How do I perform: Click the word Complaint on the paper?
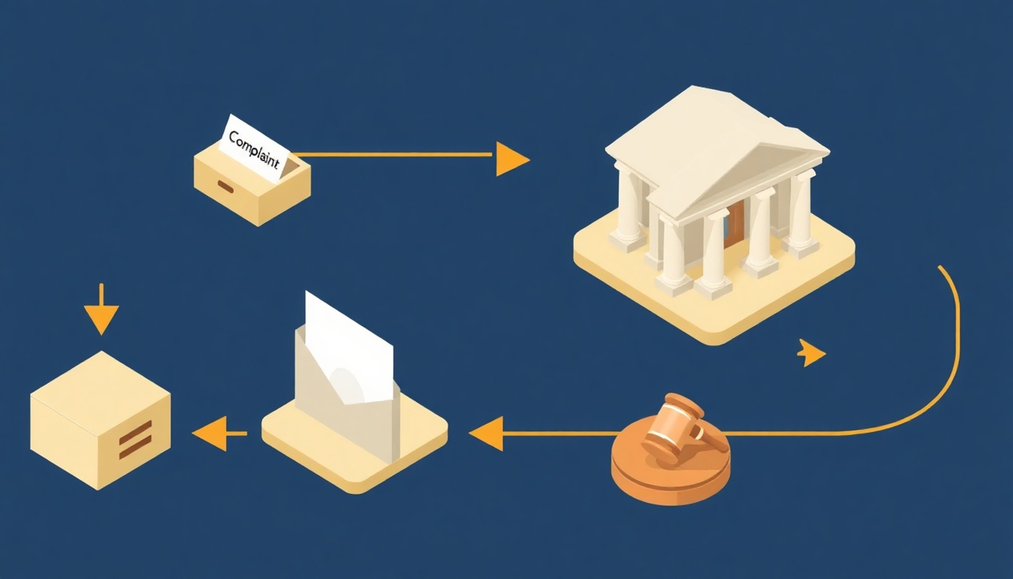(x=254, y=150)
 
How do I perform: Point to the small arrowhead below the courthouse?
(x=812, y=353)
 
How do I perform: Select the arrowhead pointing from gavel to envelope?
(x=486, y=434)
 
